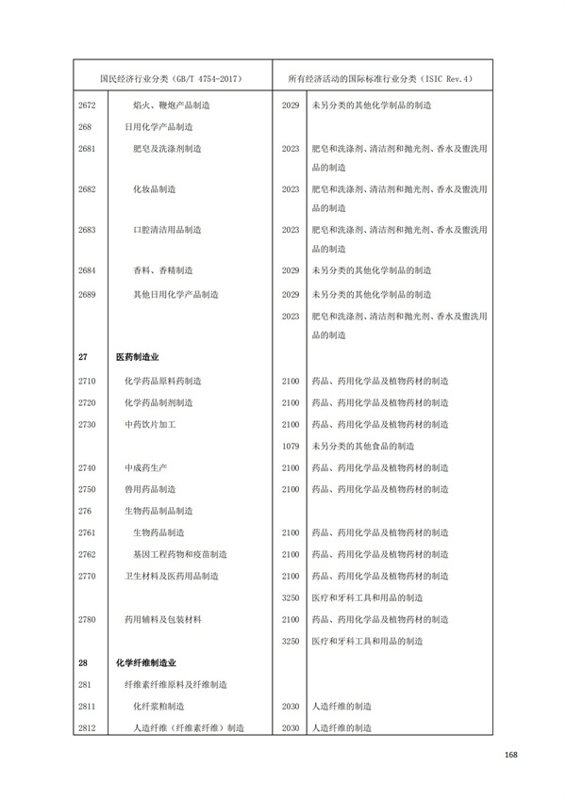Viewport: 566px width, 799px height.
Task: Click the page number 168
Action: pyautogui.click(x=512, y=753)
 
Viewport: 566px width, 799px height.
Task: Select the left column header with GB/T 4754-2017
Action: pyautogui.click(x=171, y=79)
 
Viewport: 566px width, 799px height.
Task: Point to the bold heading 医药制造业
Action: pyautogui.click(x=137, y=358)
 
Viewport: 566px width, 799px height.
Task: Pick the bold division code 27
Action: pyautogui.click(x=83, y=358)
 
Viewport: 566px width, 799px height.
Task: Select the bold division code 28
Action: pyautogui.click(x=83, y=662)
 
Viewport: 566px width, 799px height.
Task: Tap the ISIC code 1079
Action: pyautogui.click(x=291, y=446)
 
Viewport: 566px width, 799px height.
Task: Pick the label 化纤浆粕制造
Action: pyautogui.click(x=158, y=706)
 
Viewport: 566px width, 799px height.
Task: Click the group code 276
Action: pyautogui.click(x=85, y=511)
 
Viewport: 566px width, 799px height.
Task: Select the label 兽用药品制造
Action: pyautogui.click(x=149, y=489)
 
